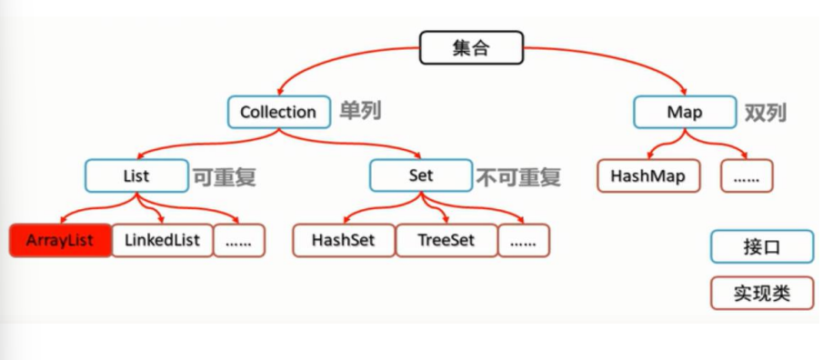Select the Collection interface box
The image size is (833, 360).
click(277, 112)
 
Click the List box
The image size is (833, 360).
click(136, 175)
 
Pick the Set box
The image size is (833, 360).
click(420, 175)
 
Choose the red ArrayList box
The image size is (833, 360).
click(60, 240)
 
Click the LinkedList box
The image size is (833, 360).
click(162, 240)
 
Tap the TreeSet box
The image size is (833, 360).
click(447, 240)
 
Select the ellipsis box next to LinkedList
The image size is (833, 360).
click(239, 240)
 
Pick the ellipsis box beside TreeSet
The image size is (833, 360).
click(524, 240)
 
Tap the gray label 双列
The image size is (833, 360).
click(765, 113)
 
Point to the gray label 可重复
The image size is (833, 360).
click(224, 176)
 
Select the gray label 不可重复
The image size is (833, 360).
click(518, 176)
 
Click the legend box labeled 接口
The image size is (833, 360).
click(761, 246)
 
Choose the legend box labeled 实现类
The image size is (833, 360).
click(761, 294)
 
